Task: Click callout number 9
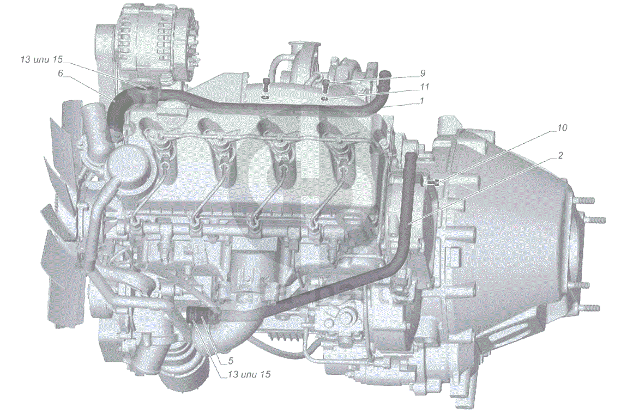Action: point(423,73)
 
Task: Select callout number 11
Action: point(425,87)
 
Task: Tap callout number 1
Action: point(422,101)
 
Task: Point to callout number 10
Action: point(562,128)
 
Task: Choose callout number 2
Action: point(560,156)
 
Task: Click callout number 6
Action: point(60,73)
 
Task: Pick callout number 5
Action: point(231,361)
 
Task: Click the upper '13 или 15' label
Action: point(42,59)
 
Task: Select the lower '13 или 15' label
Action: point(249,374)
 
